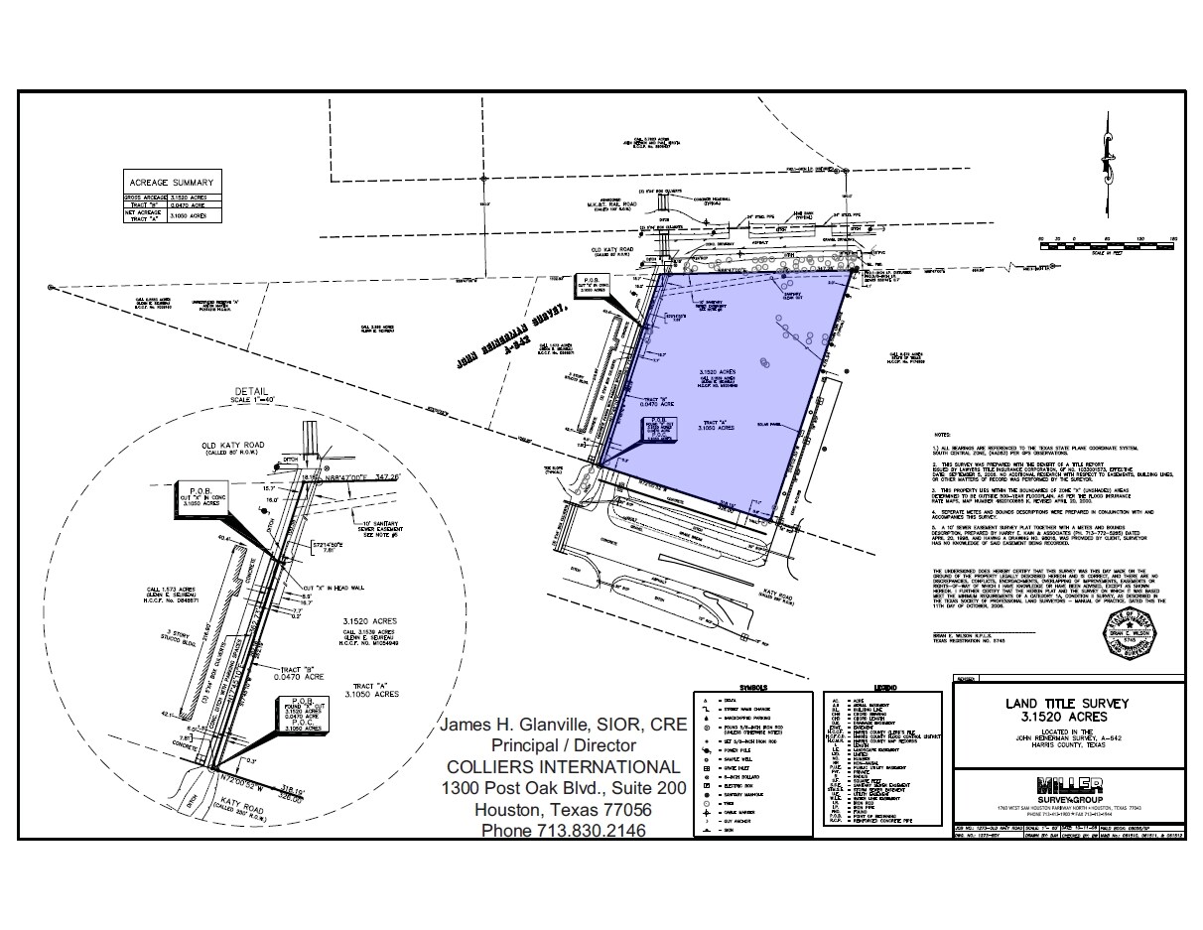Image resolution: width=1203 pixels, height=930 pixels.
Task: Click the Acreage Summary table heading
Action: tap(171, 182)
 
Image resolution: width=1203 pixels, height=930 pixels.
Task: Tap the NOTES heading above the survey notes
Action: tap(943, 435)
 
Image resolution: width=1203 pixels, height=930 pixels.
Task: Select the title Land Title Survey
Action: tap(1066, 703)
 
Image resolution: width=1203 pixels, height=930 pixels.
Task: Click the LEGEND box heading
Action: tap(885, 688)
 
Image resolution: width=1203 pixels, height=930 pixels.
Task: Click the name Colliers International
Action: tap(563, 766)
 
